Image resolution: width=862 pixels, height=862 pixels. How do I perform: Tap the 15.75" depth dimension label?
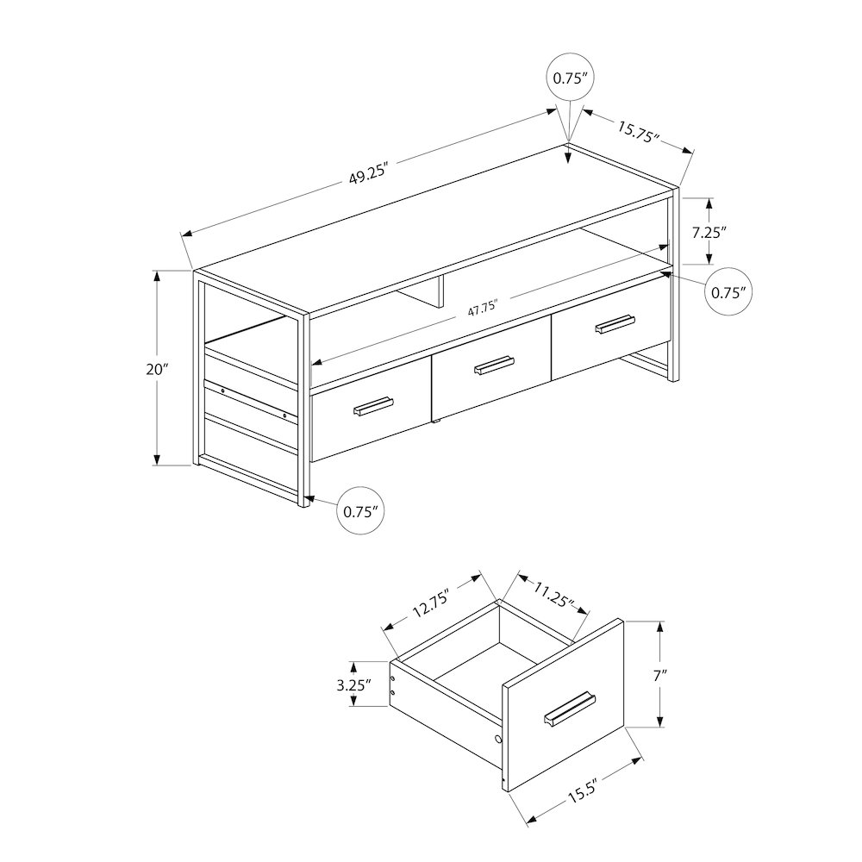(638, 131)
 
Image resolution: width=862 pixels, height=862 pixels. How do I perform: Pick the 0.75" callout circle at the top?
(569, 78)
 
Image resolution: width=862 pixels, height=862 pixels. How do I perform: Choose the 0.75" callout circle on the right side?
(728, 291)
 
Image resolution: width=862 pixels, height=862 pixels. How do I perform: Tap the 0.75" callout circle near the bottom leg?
(359, 511)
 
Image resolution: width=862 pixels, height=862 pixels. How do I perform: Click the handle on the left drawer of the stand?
(372, 406)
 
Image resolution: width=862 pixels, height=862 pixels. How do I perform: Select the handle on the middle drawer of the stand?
(494, 365)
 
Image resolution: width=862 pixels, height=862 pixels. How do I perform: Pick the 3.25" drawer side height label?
(353, 686)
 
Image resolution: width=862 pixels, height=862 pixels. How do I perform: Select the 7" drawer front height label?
(661, 676)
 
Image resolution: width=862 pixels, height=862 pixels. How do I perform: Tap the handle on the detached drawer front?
(571, 707)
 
